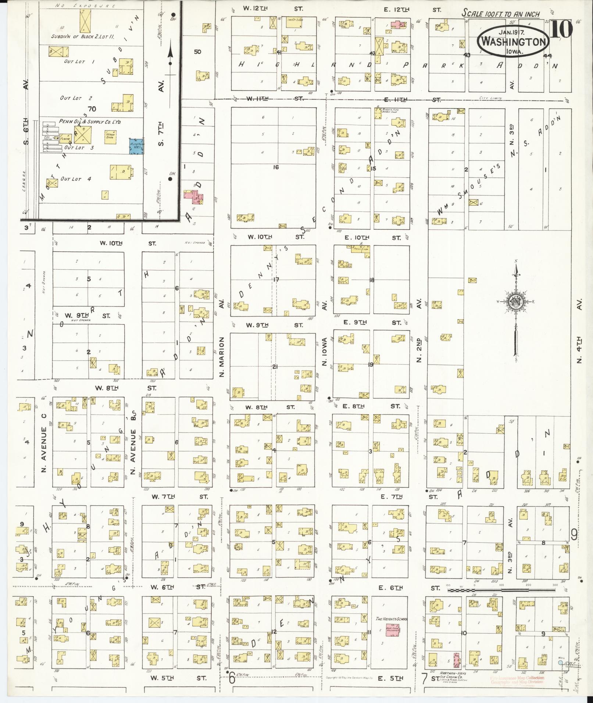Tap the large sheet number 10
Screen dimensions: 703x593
click(x=561, y=29)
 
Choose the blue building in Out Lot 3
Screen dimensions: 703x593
click(x=136, y=146)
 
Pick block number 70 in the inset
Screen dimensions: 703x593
click(x=92, y=109)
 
